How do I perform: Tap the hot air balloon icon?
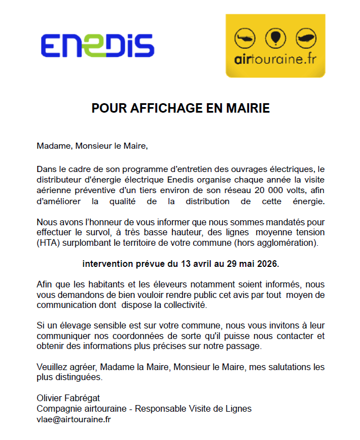coord(275,38)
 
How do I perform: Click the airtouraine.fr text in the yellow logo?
coord(275,60)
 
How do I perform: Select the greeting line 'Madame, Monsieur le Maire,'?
coord(93,147)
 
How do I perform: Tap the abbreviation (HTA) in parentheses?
coord(50,242)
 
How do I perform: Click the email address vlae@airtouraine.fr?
coord(73,419)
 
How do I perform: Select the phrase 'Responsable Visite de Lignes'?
coord(194,409)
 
